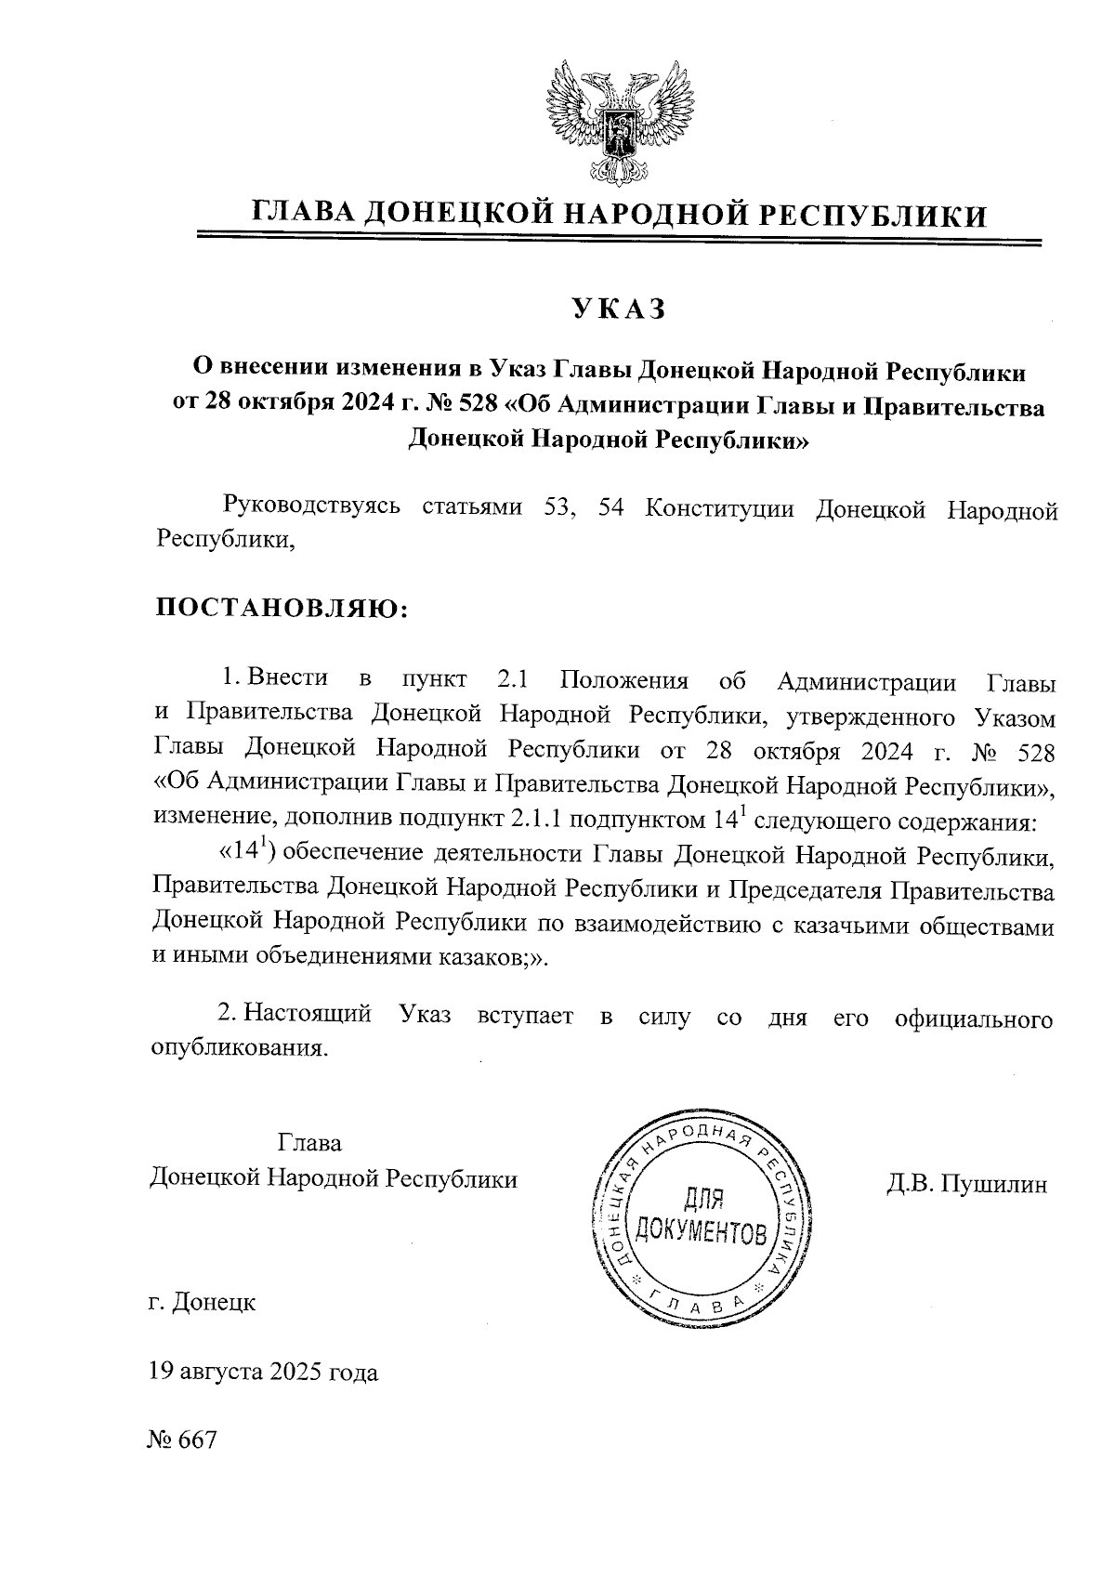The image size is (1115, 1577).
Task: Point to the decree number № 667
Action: [181, 1440]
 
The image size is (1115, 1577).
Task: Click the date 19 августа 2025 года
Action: [263, 1372]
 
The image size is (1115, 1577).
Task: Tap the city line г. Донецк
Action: [202, 1302]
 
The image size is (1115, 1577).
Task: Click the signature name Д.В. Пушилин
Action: [967, 1184]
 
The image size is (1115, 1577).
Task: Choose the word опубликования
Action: [239, 1048]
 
